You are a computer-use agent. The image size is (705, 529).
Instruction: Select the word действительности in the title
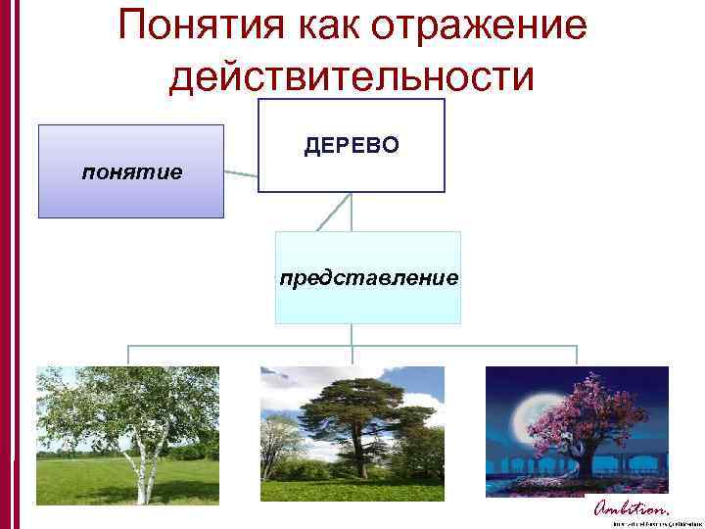pyautogui.click(x=352, y=76)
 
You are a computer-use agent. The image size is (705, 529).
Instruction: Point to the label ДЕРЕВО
pyautogui.click(x=352, y=146)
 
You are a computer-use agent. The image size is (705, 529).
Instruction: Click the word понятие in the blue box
pyautogui.click(x=132, y=172)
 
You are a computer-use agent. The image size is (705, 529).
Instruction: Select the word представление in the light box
pyautogui.click(x=368, y=278)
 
